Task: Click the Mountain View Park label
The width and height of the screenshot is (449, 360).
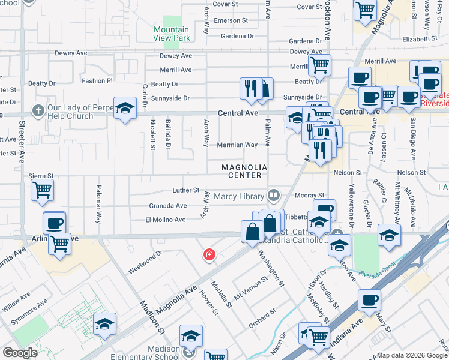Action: pos(172,34)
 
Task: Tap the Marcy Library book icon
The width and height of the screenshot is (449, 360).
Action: pos(274,195)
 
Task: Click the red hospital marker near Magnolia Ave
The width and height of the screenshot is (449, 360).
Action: pos(209,255)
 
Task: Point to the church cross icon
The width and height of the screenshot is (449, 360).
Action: pos(37,110)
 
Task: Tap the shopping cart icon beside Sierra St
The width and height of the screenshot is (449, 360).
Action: pos(42,190)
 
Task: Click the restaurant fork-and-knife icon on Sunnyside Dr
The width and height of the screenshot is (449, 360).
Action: pos(250,88)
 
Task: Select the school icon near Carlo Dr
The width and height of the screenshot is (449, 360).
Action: pos(125,108)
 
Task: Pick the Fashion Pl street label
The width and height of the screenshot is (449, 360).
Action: pos(97,80)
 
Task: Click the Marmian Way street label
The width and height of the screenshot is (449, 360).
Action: pos(238,145)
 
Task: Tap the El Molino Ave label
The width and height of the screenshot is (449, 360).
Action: pos(166,220)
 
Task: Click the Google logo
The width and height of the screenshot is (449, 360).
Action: pos(20,353)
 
